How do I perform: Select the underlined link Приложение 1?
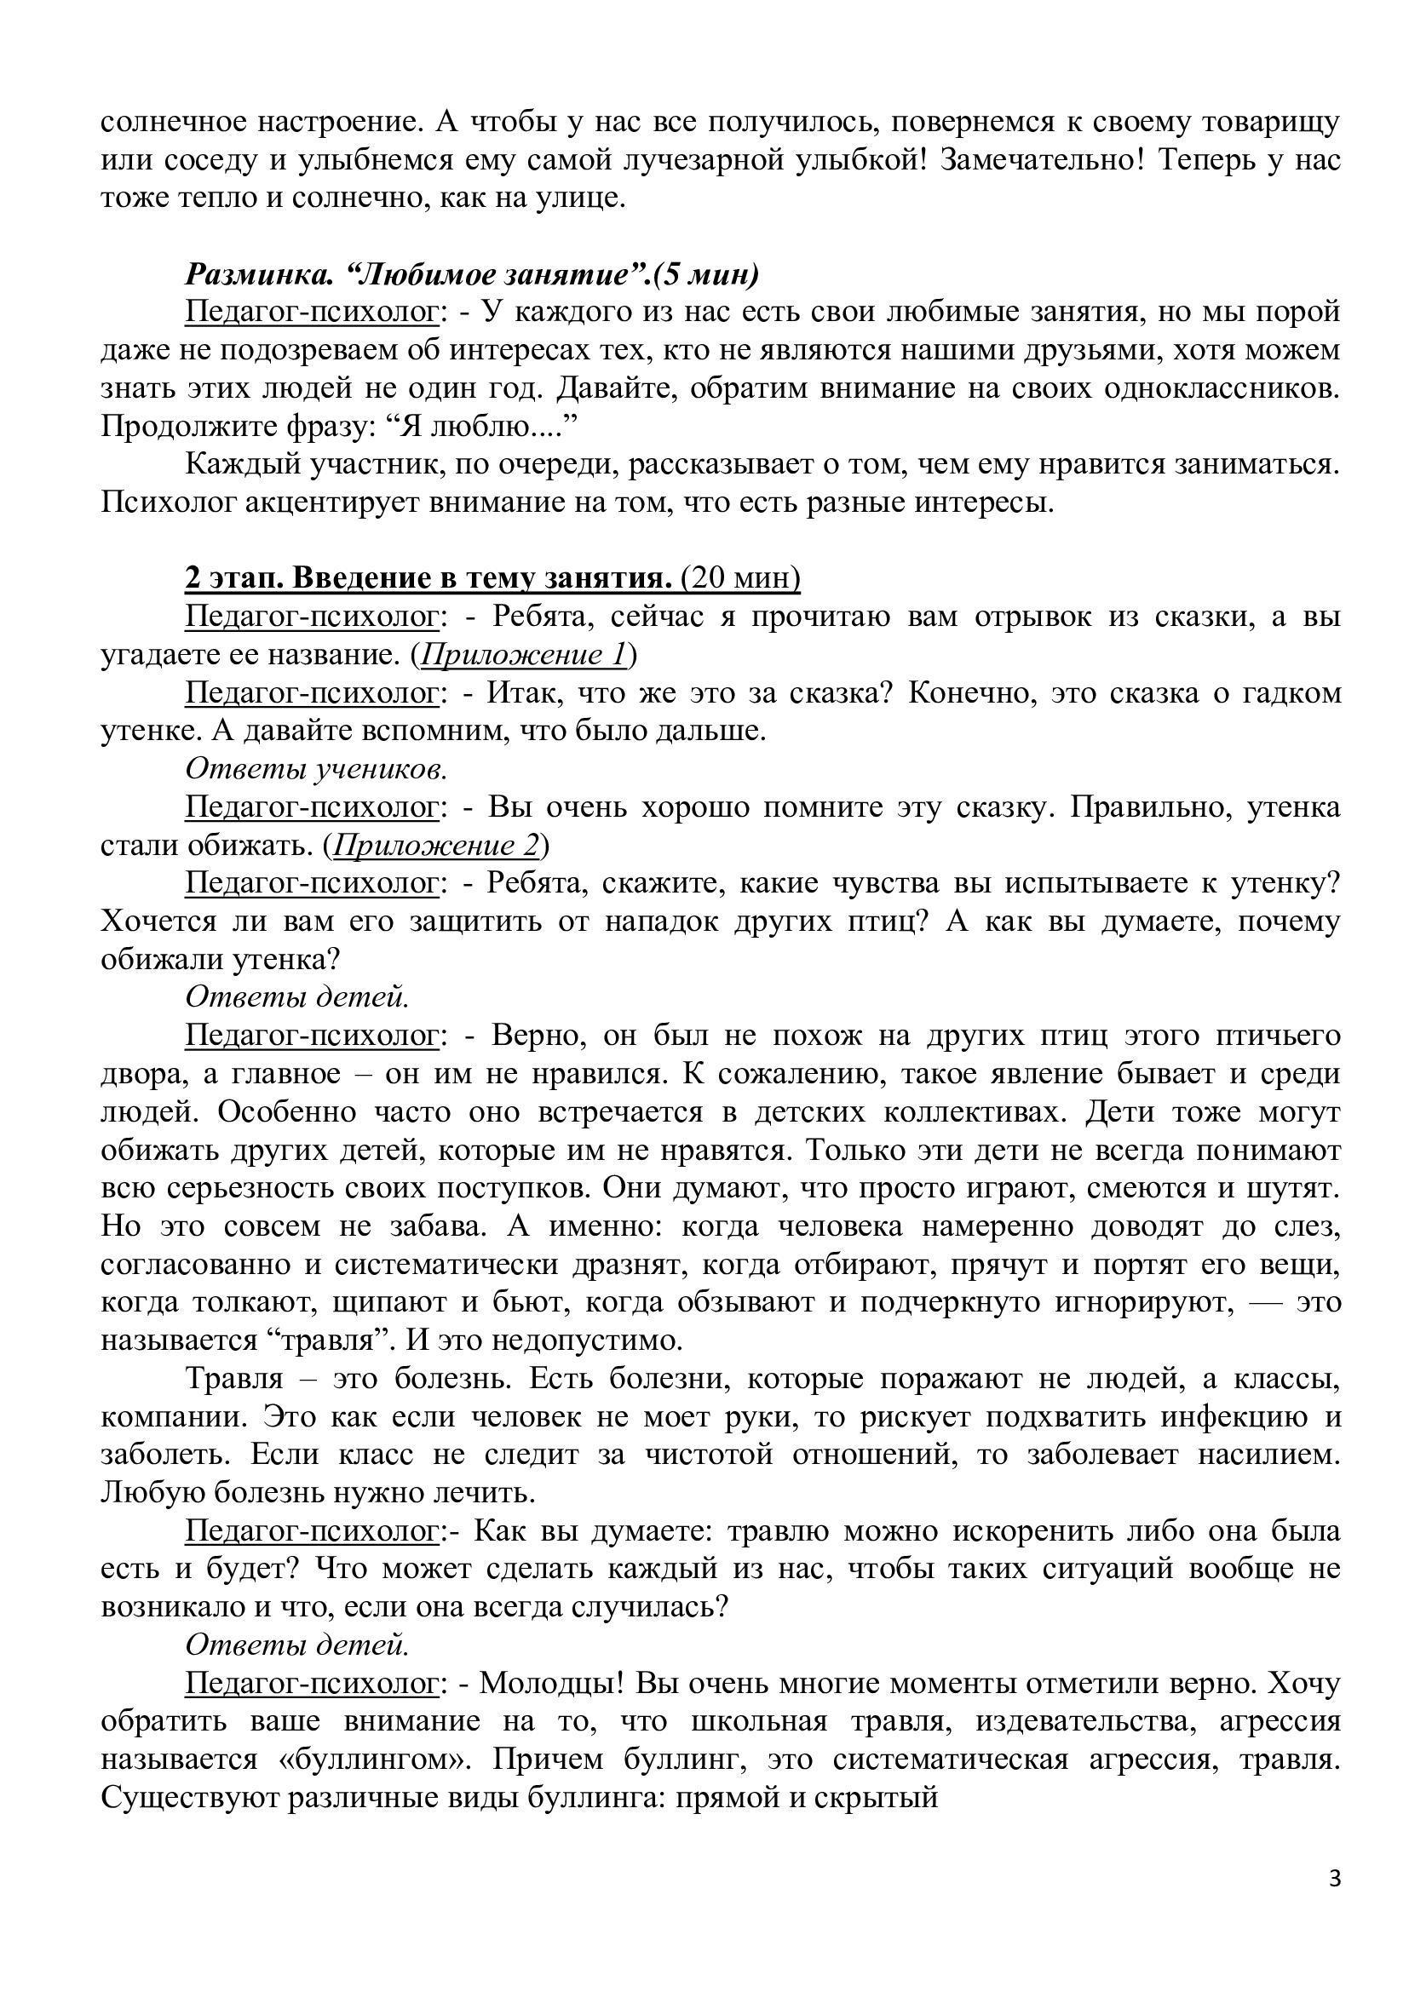tap(523, 655)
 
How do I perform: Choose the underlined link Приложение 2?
tap(436, 845)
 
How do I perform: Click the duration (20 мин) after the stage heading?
tap(741, 578)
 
